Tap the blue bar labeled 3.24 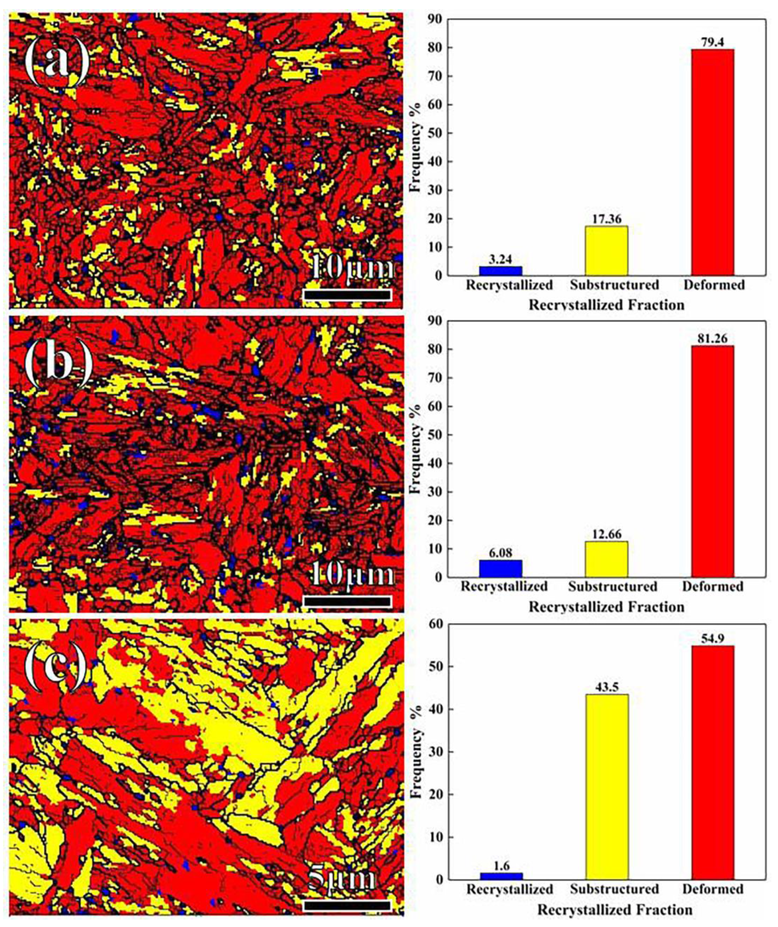tap(501, 271)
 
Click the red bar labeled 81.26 tap(712, 461)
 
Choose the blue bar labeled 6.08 tap(501, 568)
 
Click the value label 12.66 tap(606, 534)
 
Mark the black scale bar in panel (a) tap(347, 294)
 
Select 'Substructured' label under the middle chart tap(612, 587)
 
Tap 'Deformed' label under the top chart tap(714, 285)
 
